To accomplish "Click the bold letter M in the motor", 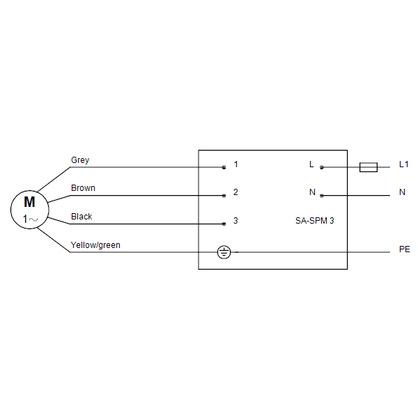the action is [x=29, y=202].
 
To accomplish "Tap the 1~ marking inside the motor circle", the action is [x=31, y=219].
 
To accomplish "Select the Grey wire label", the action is [x=80, y=160].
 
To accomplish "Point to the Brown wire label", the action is [x=83, y=188].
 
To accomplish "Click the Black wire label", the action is [x=82, y=217].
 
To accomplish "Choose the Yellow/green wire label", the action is [x=95, y=245].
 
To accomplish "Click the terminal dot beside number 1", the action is [x=224, y=167].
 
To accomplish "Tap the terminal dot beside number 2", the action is [x=224, y=196].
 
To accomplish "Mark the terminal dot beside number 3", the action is [x=224, y=224].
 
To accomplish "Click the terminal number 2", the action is [x=235, y=192].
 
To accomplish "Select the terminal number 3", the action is [x=235, y=220].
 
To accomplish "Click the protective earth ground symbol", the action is [x=224, y=252].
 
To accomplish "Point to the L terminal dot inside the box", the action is [x=322, y=167].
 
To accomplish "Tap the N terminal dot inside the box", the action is [x=322, y=196].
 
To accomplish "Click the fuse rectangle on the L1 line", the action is [x=369, y=167].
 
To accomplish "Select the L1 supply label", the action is [x=403, y=164].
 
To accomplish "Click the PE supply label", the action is [x=404, y=249].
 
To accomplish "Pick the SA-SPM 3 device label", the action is [x=315, y=221].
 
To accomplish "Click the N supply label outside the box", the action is [x=402, y=192].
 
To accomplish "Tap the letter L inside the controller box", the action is [x=311, y=164].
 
